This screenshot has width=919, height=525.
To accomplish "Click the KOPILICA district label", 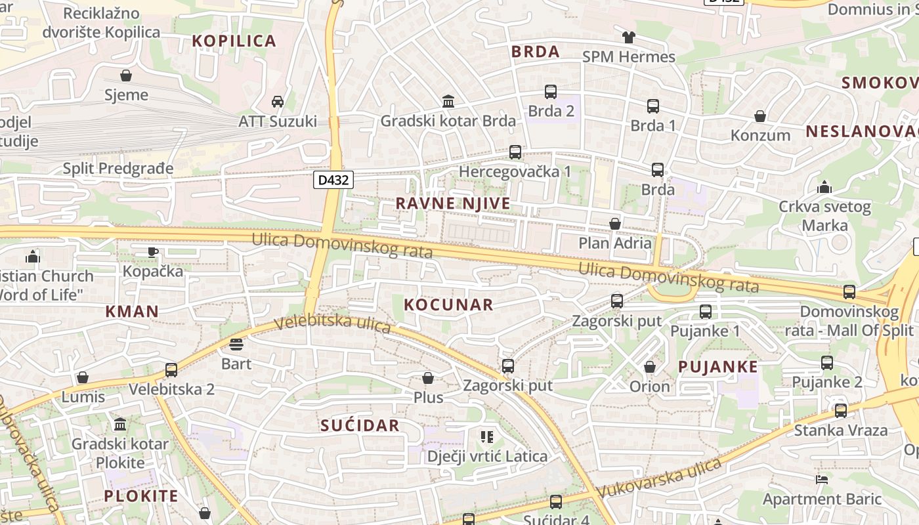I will pos(234,41).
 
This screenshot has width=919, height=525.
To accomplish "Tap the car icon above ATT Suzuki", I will pos(278,101).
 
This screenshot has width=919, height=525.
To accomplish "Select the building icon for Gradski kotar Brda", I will pos(449,101).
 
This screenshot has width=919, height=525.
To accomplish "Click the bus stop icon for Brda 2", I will pos(551,92).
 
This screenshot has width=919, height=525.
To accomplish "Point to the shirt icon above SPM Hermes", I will pos(629,37).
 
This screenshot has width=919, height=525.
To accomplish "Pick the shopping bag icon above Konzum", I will pos(760,116).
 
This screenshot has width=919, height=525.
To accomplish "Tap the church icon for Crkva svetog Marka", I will pos(824,187).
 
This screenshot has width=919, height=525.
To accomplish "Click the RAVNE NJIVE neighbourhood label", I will pos(453,203).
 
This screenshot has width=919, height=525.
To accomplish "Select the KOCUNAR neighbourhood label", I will pos(448,304).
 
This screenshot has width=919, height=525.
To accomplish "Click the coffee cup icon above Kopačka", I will pos(153,251).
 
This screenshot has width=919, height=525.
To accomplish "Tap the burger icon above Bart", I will pos(236,344).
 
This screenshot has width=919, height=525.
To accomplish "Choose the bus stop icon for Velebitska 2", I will pos(171,369).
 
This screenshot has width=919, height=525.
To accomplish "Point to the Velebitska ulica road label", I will pos(333,324).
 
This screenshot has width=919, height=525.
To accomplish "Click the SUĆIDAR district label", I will pos(360,425).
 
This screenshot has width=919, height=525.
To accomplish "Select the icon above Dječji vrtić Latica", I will pos(487,436).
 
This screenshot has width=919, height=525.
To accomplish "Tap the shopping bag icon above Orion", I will pos(650,366).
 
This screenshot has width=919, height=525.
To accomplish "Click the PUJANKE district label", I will pos(717,367).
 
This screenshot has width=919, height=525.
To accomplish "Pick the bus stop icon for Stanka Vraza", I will pos(841,411).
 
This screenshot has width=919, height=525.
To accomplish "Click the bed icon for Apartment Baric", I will pos(821,480).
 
